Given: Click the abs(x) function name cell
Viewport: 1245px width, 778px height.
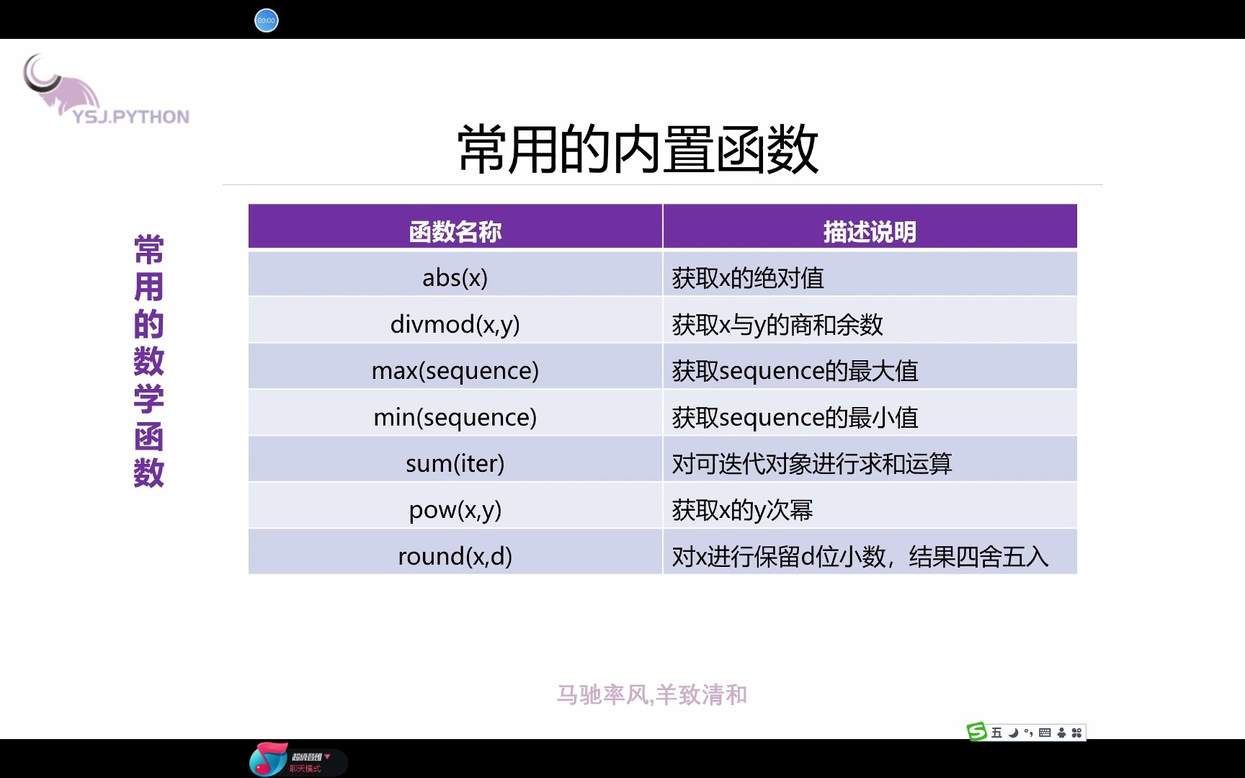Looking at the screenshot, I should click(455, 277).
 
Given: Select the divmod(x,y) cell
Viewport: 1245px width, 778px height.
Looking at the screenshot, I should click(455, 324).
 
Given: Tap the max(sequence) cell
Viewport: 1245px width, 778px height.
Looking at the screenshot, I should click(455, 370).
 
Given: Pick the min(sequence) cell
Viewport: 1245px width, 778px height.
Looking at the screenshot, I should click(455, 417).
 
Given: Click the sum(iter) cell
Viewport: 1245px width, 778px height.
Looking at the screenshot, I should click(455, 463).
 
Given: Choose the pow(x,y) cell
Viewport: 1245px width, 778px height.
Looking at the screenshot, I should click(455, 510).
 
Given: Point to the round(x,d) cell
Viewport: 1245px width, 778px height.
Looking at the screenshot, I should click(455, 556).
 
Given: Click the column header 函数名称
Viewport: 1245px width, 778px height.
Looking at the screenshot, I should click(455, 231).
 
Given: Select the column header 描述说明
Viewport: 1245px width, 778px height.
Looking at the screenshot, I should click(870, 231).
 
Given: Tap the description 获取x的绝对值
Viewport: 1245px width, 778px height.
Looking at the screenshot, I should click(748, 278).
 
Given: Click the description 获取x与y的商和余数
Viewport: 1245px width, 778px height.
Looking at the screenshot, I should click(777, 325).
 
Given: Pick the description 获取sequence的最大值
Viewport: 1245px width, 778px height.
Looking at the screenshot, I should click(795, 371).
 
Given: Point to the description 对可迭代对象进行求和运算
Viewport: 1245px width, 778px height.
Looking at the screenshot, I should click(812, 464).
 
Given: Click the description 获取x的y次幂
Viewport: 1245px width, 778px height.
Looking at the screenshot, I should click(742, 510).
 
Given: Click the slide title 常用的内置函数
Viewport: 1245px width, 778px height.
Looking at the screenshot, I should click(638, 149).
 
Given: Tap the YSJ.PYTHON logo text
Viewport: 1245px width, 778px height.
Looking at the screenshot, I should click(131, 117).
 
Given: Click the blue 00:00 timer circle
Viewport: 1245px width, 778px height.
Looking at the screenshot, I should click(266, 20).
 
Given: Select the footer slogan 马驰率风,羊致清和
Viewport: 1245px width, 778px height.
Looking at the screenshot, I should click(651, 694).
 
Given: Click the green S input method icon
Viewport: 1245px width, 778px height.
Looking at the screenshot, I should click(976, 732).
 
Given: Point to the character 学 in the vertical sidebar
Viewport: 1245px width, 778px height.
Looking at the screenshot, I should click(149, 399).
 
